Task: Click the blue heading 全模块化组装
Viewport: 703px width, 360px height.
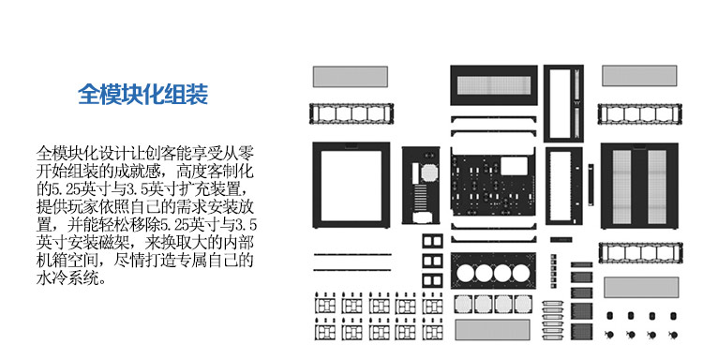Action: point(143,94)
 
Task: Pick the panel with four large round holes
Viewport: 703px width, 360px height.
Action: point(493,271)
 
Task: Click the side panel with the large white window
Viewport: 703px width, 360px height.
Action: point(351,185)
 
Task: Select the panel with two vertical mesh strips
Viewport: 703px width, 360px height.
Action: point(639,186)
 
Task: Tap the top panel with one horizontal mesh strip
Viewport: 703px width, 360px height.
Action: point(494,85)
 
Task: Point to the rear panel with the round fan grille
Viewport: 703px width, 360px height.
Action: point(421,185)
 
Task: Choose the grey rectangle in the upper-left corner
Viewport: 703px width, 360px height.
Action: point(351,77)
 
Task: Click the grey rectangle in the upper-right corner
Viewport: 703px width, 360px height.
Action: point(639,76)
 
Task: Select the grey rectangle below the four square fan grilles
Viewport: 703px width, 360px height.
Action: point(492,329)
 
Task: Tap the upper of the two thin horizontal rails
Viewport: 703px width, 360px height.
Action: point(351,254)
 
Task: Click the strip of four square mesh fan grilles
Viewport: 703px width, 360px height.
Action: point(493,305)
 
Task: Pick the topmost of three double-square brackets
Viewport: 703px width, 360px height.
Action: point(433,241)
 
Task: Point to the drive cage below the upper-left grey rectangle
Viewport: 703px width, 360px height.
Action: point(351,113)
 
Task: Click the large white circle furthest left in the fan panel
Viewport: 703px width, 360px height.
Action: point(465,273)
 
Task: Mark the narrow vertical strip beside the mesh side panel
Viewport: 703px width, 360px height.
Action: point(591,185)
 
